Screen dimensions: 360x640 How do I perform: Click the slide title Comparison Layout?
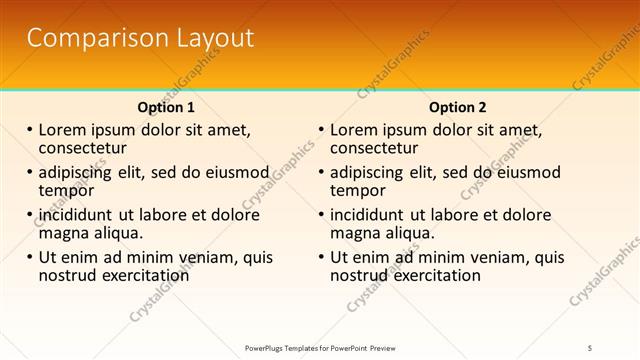tap(140, 39)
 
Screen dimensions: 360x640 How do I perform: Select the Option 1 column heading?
tap(166, 107)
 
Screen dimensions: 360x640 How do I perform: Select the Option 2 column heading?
tap(457, 107)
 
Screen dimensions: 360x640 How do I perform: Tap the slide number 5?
tap(590, 347)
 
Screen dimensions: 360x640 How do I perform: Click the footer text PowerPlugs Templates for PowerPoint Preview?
tap(320, 347)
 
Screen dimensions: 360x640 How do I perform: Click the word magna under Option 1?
tap(65, 232)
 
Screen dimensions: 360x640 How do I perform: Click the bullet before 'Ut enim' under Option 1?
tap(30, 257)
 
